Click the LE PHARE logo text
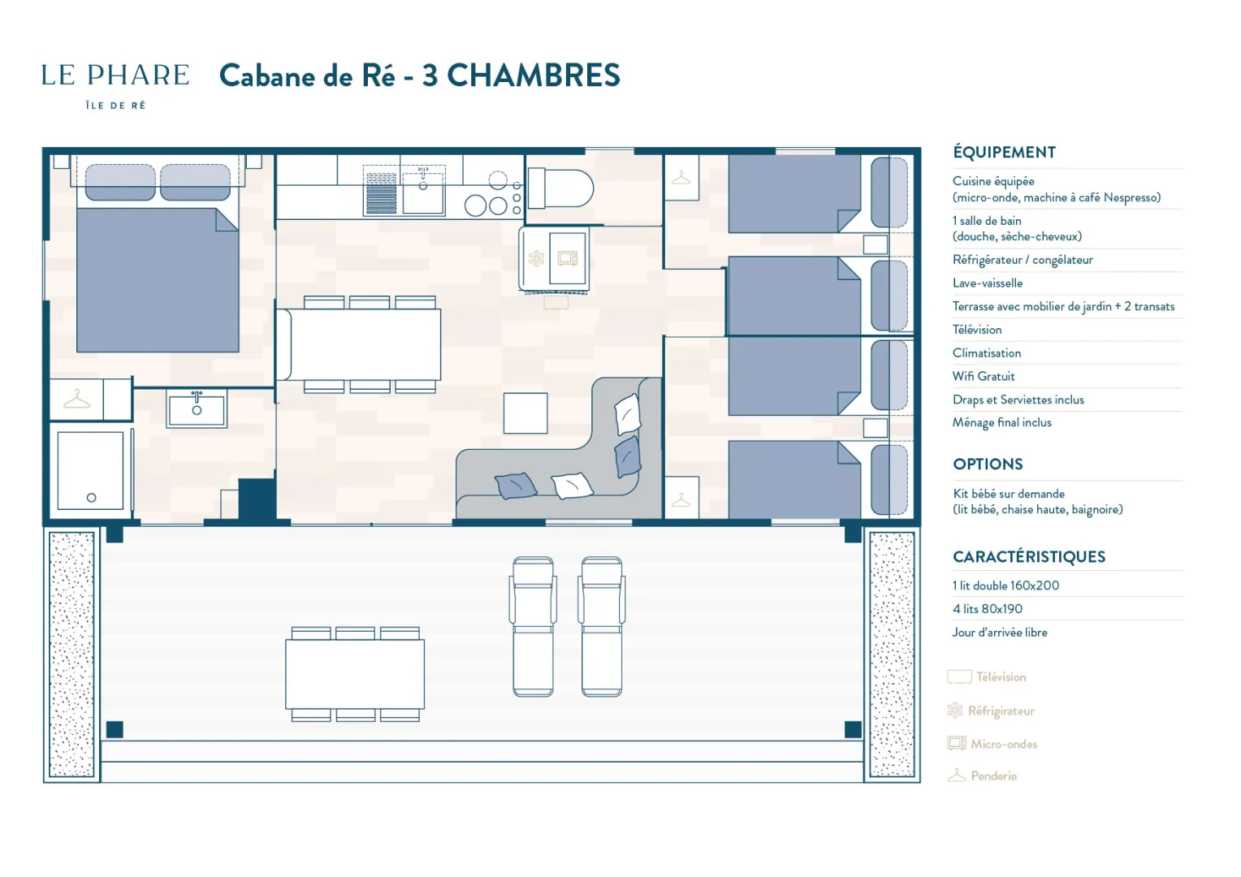tap(115, 76)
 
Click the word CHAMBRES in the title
tap(533, 76)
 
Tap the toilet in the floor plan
tap(560, 188)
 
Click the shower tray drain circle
tap(92, 498)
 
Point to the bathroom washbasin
tap(197, 408)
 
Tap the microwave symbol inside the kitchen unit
tap(568, 258)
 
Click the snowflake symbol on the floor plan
tap(536, 258)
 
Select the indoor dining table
tap(365, 344)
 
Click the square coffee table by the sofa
tap(525, 413)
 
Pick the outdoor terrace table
tap(355, 674)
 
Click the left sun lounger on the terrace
tap(533, 627)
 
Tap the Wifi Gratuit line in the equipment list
tap(984, 377)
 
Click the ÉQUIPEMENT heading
tap(1005, 152)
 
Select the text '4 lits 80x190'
tap(988, 609)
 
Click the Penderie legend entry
tap(982, 775)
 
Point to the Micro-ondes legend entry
tap(992, 744)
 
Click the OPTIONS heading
tap(988, 464)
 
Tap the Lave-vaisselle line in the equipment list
tap(988, 283)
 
